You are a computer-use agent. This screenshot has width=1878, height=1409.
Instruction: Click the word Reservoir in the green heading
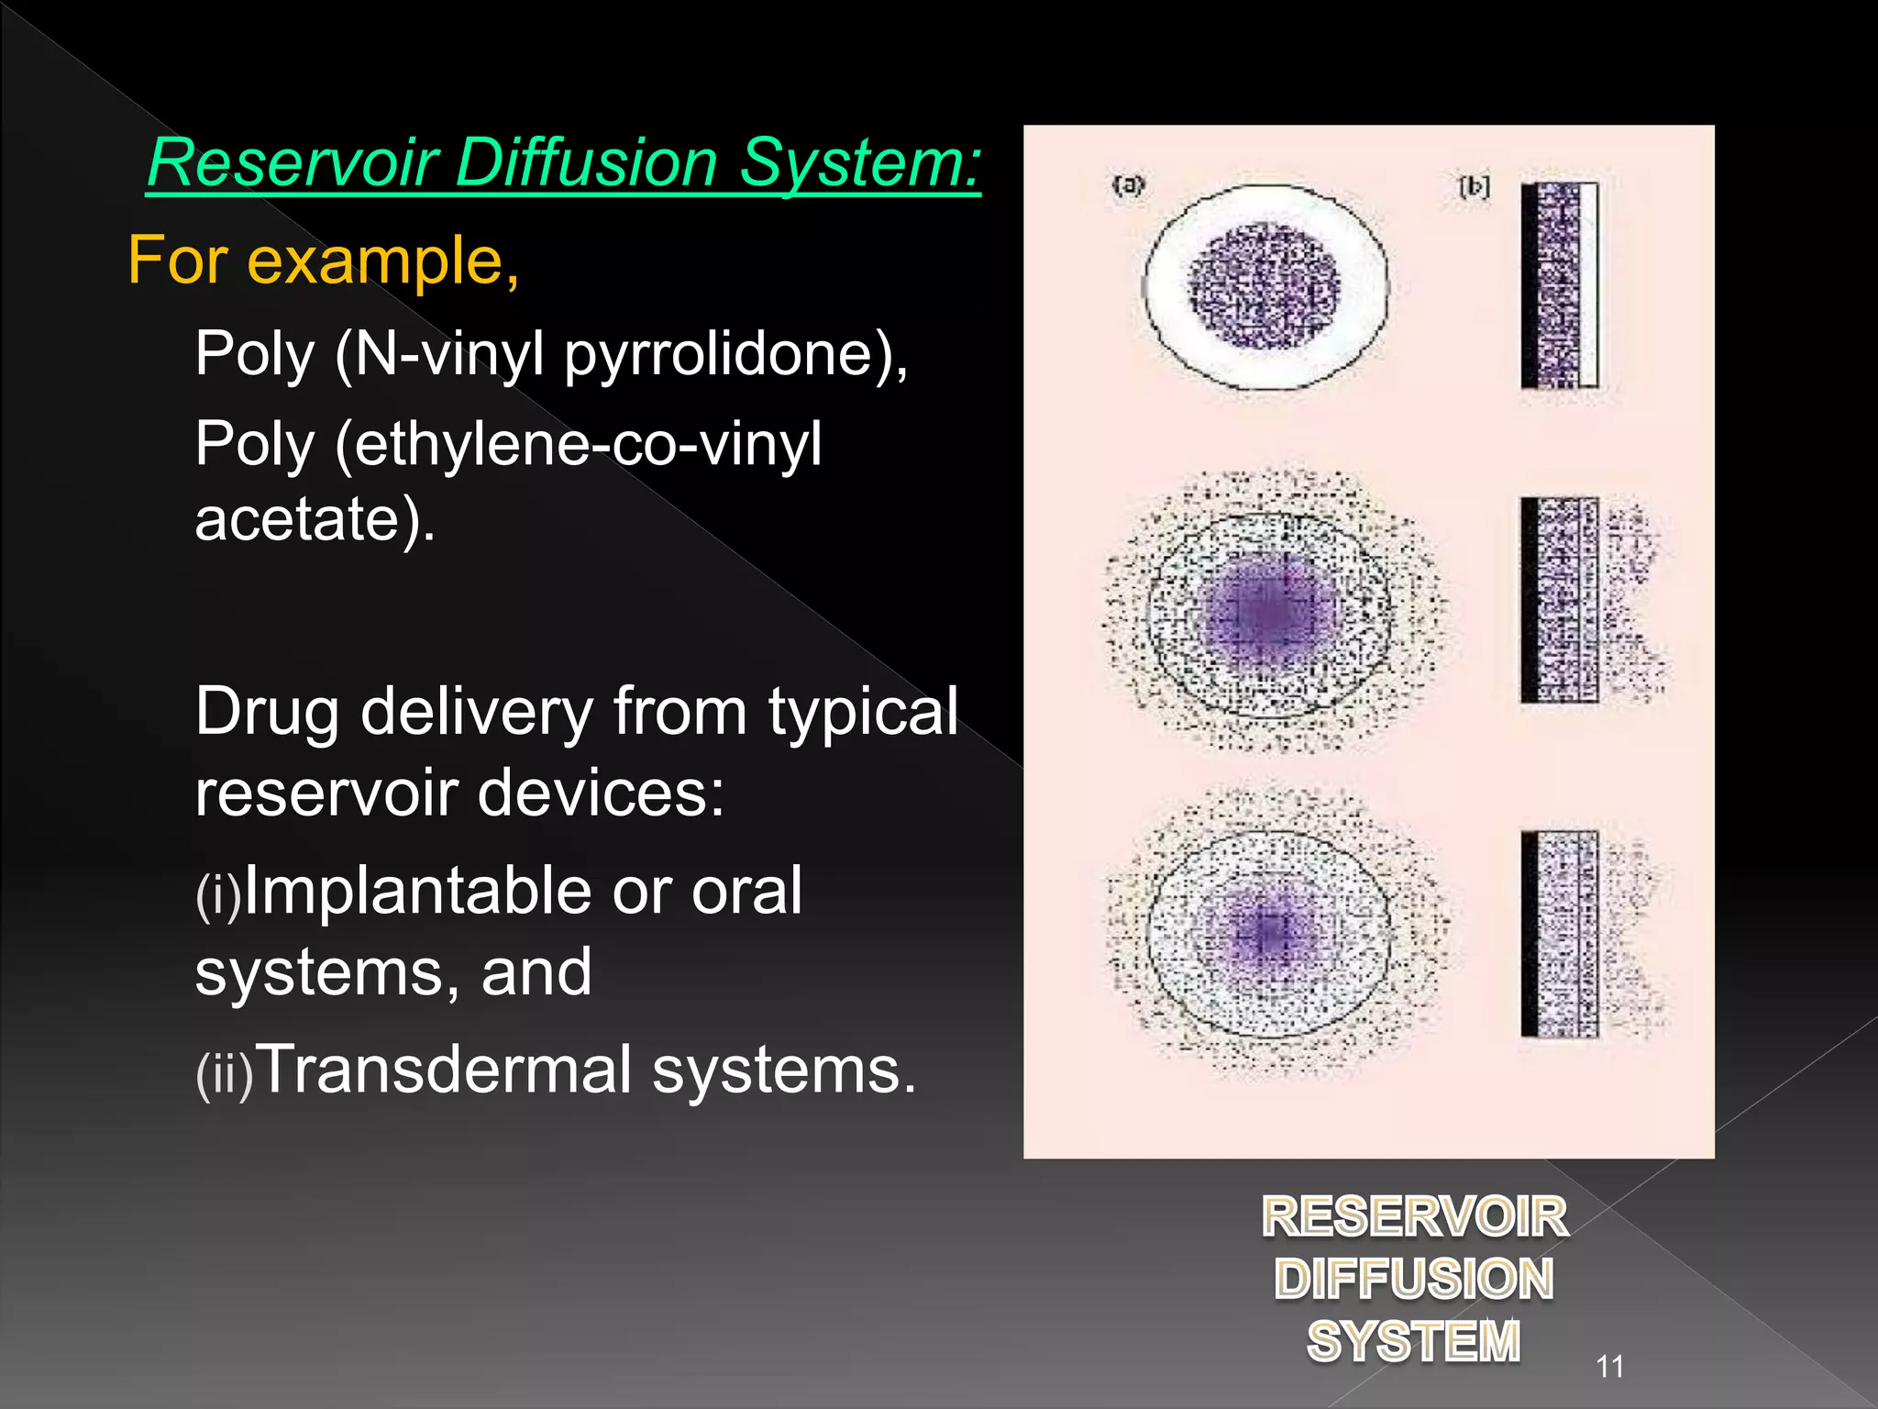pyautogui.click(x=291, y=163)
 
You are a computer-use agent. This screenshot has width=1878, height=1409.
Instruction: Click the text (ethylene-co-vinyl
pyautogui.click(x=578, y=446)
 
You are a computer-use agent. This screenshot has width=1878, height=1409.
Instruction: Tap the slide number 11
pyautogui.click(x=1609, y=1367)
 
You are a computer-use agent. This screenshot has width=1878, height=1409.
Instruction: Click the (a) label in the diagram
pyautogui.click(x=1128, y=186)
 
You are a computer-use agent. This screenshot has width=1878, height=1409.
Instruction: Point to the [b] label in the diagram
pyautogui.click(x=1474, y=187)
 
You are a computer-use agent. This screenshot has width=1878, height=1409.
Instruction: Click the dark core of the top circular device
pyautogui.click(x=1265, y=286)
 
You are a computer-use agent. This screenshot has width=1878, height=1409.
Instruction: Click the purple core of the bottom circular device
pyautogui.click(x=1268, y=931)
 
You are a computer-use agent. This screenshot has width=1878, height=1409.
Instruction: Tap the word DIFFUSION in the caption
pyautogui.click(x=1413, y=1279)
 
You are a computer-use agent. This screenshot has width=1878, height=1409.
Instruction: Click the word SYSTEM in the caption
pyautogui.click(x=1413, y=1341)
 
